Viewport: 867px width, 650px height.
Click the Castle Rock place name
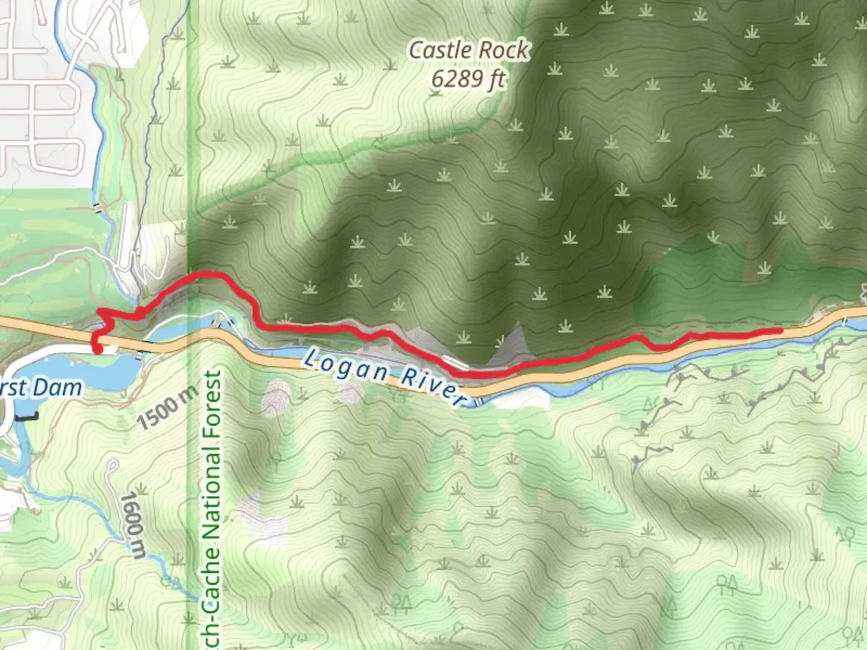(x=468, y=51)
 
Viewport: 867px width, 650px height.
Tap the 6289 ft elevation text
(x=468, y=79)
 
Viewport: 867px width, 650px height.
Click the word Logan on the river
(x=346, y=367)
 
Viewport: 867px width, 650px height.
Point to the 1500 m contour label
(x=167, y=407)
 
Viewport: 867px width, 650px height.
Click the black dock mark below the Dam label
(x=27, y=416)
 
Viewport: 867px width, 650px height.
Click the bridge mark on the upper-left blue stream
(x=96, y=208)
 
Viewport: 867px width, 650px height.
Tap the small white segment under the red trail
(x=455, y=362)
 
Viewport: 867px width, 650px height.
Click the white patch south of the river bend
(x=512, y=401)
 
